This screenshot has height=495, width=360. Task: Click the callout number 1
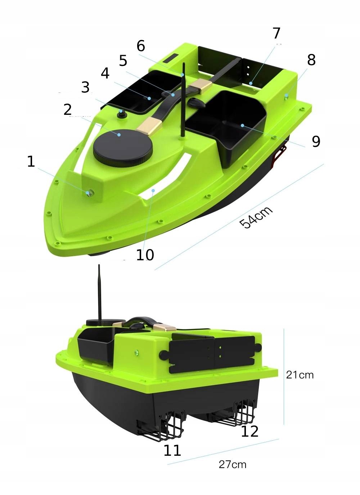click(31, 161)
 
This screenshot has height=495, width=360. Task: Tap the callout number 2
click(68, 109)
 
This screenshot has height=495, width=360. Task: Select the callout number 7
click(276, 33)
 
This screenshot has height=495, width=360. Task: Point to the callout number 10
click(145, 255)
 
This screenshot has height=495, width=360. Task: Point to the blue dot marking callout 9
click(242, 126)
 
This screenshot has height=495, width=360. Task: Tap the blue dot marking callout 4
click(149, 98)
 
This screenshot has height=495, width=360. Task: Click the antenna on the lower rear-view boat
click(99, 295)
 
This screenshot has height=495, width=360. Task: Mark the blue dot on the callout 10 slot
click(153, 190)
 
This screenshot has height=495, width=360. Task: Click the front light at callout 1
click(89, 193)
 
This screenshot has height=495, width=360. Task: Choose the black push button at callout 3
click(121, 113)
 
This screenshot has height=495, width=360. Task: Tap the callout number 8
click(311, 60)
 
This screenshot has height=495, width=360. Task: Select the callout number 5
click(123, 61)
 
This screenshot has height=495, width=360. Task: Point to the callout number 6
click(141, 46)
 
